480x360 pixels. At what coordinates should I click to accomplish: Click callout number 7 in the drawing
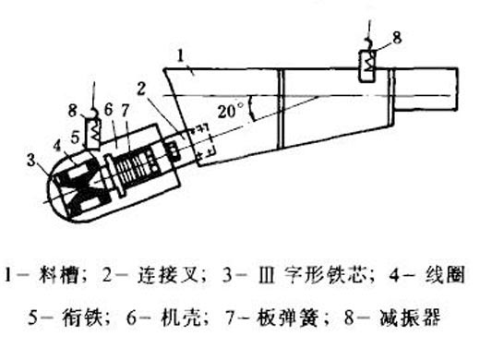click(x=126, y=111)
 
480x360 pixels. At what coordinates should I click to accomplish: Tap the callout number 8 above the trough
click(x=397, y=39)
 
